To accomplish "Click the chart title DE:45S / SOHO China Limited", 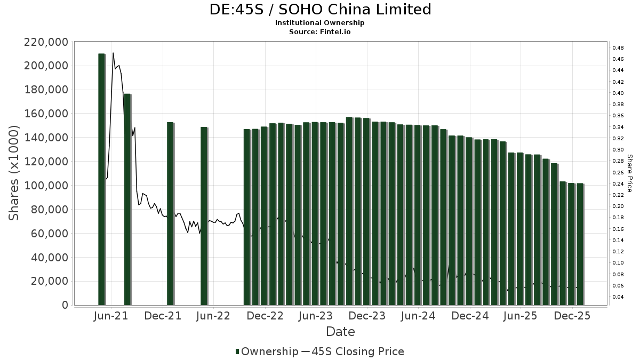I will tap(319, 10).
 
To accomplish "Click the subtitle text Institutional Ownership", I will tap(319, 23).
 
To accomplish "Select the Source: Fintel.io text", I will tap(319, 31).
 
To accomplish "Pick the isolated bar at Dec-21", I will tap(170, 213).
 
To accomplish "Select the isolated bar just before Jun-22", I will tap(204, 215).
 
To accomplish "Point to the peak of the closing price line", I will tap(113, 53).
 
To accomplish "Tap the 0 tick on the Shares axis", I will tap(65, 305).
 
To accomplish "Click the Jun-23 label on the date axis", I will tap(316, 316).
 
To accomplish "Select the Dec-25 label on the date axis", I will tap(572, 316).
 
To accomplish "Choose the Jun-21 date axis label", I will tap(111, 316).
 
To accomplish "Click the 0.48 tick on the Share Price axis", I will tap(618, 47).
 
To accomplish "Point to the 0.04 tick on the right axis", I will tap(618, 297).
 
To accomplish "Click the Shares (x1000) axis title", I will tap(14, 173).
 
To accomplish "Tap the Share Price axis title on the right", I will tap(629, 173).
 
